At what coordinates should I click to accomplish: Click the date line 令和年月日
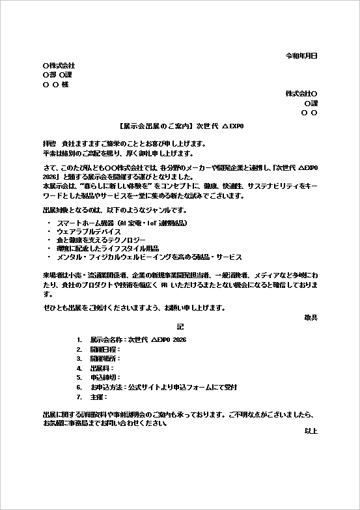[301, 57]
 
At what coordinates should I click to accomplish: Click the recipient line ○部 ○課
[57, 75]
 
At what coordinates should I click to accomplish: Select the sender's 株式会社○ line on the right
[301, 94]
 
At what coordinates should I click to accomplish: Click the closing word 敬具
[311, 317]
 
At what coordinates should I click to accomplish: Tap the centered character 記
[180, 326]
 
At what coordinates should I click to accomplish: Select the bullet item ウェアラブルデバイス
[89, 231]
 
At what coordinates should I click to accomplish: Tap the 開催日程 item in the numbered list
[105, 350]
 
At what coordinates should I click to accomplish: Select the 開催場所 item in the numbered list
[105, 359]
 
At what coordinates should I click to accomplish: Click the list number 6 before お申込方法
[79, 387]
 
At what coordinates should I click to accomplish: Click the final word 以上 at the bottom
[311, 431]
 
